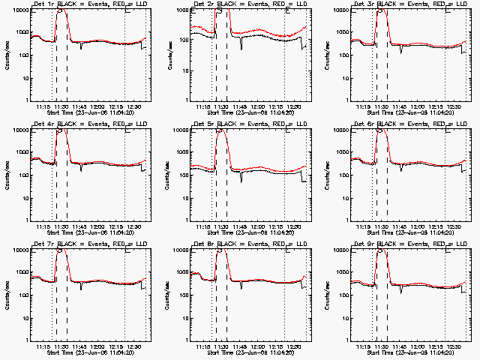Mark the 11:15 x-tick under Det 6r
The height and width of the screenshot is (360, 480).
tap(365, 228)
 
